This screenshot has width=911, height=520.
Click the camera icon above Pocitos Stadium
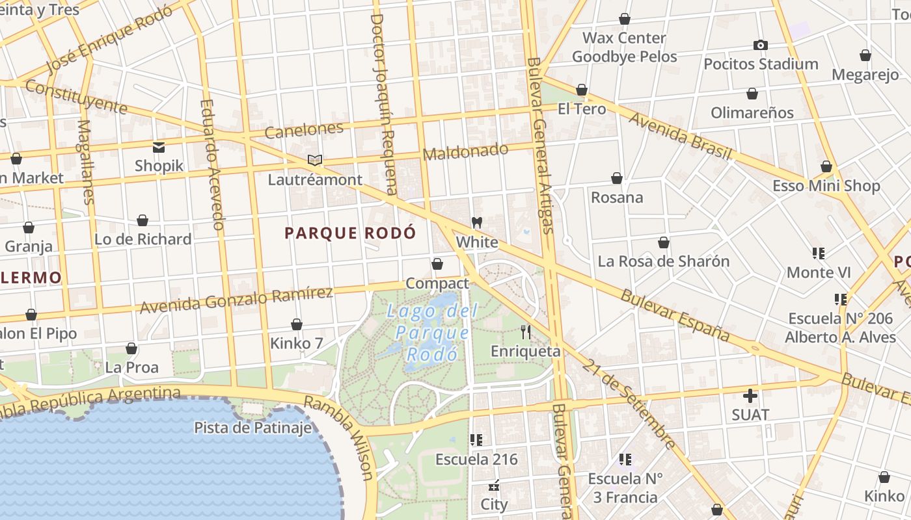760,45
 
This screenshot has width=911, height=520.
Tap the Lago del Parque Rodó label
429,332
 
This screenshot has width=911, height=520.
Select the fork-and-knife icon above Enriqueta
526,332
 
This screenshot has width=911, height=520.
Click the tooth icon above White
476,222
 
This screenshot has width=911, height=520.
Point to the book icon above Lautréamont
315,160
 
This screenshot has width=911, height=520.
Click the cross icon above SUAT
750,395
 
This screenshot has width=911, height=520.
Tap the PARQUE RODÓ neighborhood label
350,233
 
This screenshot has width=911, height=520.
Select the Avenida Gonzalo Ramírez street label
236,299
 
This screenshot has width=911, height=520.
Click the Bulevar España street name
674,315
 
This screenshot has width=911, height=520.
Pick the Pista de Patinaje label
252,428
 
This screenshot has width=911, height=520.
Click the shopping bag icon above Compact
437,264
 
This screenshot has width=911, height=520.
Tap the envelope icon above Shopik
159,147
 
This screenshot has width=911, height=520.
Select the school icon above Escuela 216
476,440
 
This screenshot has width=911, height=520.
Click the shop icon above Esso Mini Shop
826,166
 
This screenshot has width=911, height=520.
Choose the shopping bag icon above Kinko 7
297,324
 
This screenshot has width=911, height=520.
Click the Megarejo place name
865,75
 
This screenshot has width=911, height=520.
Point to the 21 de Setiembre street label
628,403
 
